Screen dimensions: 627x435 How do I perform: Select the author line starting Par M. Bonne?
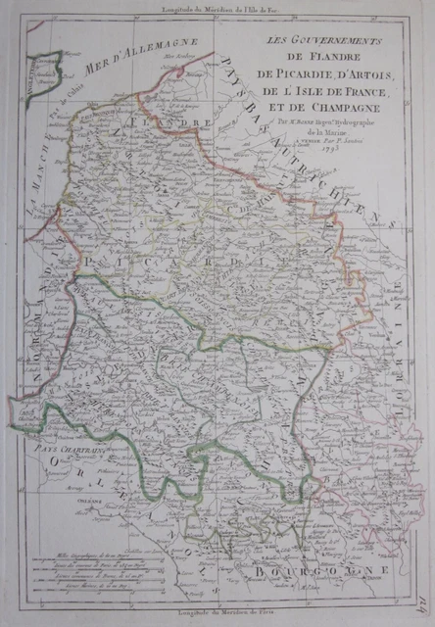[323, 125]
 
